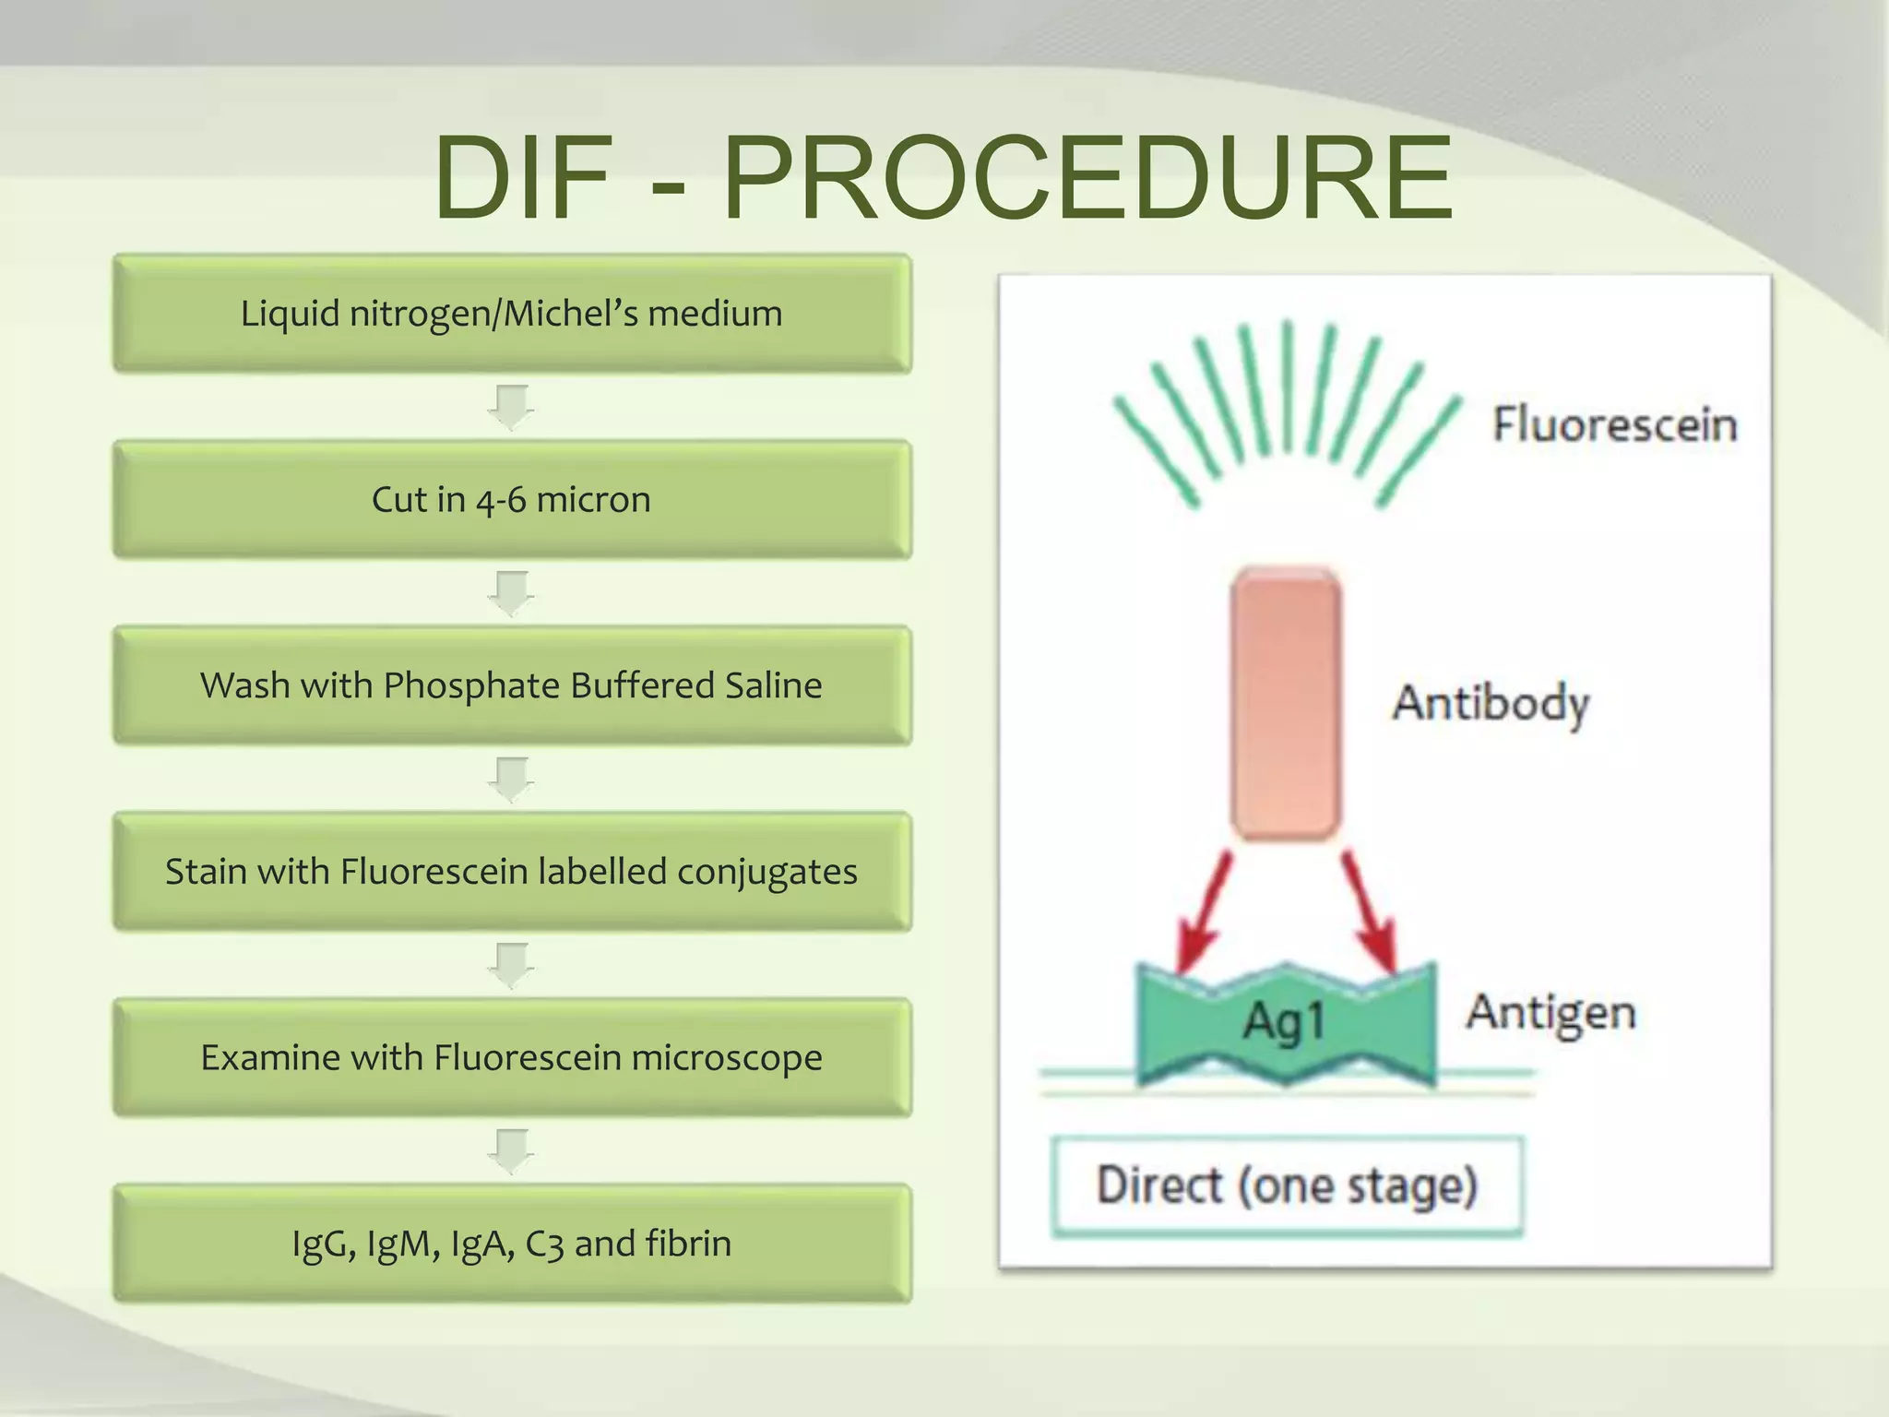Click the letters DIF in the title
(524, 178)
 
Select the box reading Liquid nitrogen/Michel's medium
(512, 314)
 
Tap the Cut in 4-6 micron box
(512, 499)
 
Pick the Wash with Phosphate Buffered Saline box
(512, 685)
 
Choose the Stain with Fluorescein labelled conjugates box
(512, 872)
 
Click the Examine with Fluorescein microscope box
(512, 1057)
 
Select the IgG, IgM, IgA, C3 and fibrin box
(512, 1244)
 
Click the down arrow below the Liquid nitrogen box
(511, 408)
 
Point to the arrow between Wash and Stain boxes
(511, 780)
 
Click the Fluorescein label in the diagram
(1614, 424)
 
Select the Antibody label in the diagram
(1491, 703)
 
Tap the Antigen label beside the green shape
(1551, 1013)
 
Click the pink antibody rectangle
(1285, 703)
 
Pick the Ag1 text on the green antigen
(1284, 1022)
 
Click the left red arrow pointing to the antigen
(1204, 913)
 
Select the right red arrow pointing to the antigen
(1369, 913)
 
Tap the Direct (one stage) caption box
(1287, 1185)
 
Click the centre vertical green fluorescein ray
(1288, 387)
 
